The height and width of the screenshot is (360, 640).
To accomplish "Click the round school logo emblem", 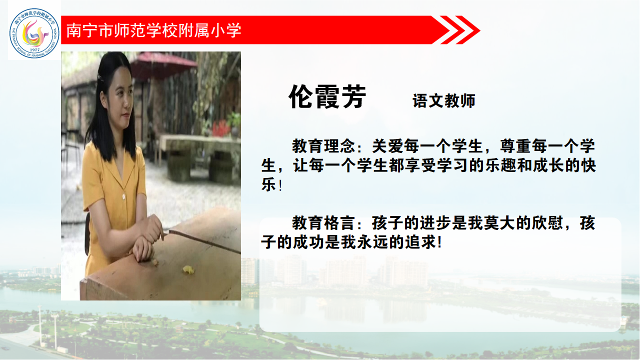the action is (34, 33).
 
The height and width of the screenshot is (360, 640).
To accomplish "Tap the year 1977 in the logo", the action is (34, 50).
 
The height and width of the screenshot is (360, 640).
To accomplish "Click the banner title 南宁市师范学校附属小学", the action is (154, 30).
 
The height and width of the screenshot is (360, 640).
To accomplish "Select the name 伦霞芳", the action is (327, 97).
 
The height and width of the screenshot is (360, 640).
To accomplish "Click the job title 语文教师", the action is (443, 101).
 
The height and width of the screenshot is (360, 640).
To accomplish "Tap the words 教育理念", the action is (323, 146).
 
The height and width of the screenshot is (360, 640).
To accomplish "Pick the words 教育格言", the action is (323, 223).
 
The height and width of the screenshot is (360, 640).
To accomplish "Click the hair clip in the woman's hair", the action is (99, 77).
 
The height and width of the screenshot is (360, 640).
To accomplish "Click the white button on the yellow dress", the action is (123, 196).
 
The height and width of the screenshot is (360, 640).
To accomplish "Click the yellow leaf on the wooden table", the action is (187, 269).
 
